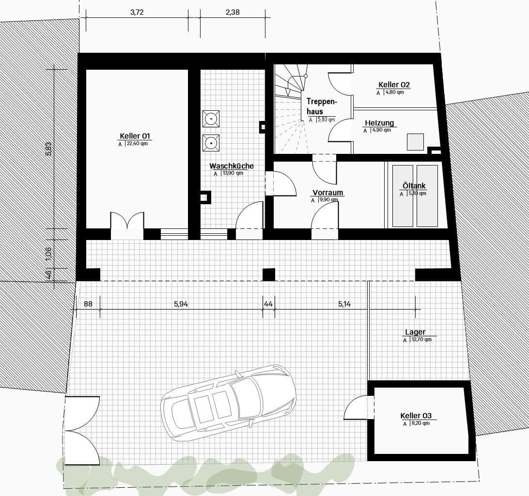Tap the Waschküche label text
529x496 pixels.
click(x=232, y=166)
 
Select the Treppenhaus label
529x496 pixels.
click(x=321, y=106)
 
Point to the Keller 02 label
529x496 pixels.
click(x=394, y=85)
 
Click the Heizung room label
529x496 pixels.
click(x=379, y=123)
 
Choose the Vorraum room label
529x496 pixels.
click(x=327, y=193)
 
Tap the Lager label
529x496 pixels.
click(x=415, y=332)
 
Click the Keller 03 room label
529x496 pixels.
click(x=416, y=416)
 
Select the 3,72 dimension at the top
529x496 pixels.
click(x=137, y=13)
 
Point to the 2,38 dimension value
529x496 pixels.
click(x=233, y=13)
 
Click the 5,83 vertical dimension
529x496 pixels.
click(x=48, y=149)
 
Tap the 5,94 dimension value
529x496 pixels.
click(x=181, y=304)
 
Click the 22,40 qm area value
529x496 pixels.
click(x=137, y=144)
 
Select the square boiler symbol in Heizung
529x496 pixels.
click(x=415, y=142)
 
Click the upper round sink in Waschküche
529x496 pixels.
click(x=211, y=118)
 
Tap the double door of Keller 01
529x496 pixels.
click(x=127, y=225)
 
